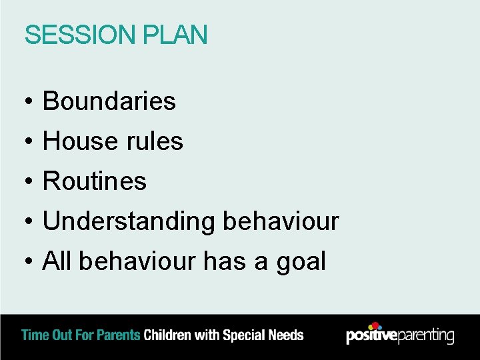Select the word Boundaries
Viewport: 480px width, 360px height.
[109, 101]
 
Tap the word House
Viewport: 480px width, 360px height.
[78, 141]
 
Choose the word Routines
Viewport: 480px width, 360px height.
[95, 181]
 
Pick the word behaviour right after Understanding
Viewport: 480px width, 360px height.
[281, 221]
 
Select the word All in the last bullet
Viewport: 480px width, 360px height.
[57, 261]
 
